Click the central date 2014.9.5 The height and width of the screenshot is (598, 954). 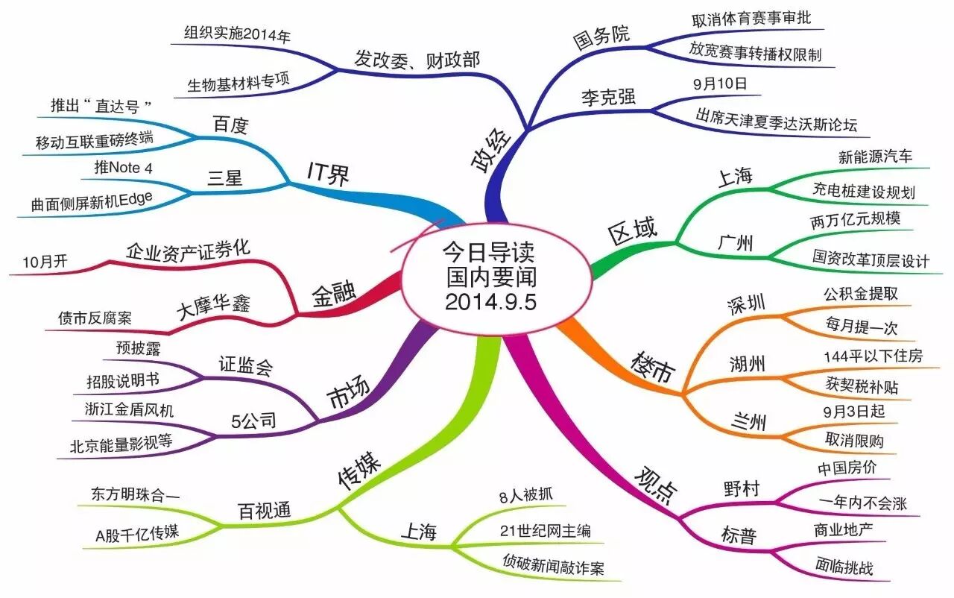coord(492,302)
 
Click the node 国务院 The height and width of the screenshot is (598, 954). coord(601,36)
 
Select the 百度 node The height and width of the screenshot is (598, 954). coord(229,125)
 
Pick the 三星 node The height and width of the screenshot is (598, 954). coord(226,179)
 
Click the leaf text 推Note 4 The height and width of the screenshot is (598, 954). coord(124,167)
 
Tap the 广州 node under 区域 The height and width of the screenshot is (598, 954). coord(735,243)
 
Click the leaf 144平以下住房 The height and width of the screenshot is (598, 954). coord(872,356)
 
